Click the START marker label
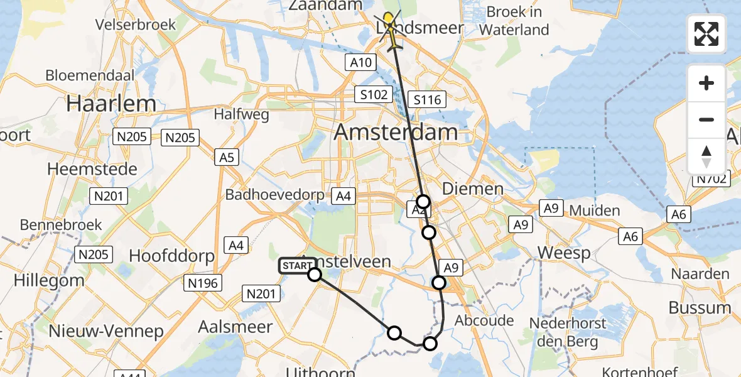coord(296,266)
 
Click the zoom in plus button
coord(706,83)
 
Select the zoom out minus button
coord(706,119)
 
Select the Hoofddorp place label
coord(171,256)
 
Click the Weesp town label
coord(564,253)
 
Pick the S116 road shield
coord(427,99)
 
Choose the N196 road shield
coord(203,283)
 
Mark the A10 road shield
coord(360,62)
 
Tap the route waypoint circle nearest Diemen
coord(424,202)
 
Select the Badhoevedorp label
coord(274,194)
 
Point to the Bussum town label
coord(700,308)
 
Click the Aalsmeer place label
coord(235,327)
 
